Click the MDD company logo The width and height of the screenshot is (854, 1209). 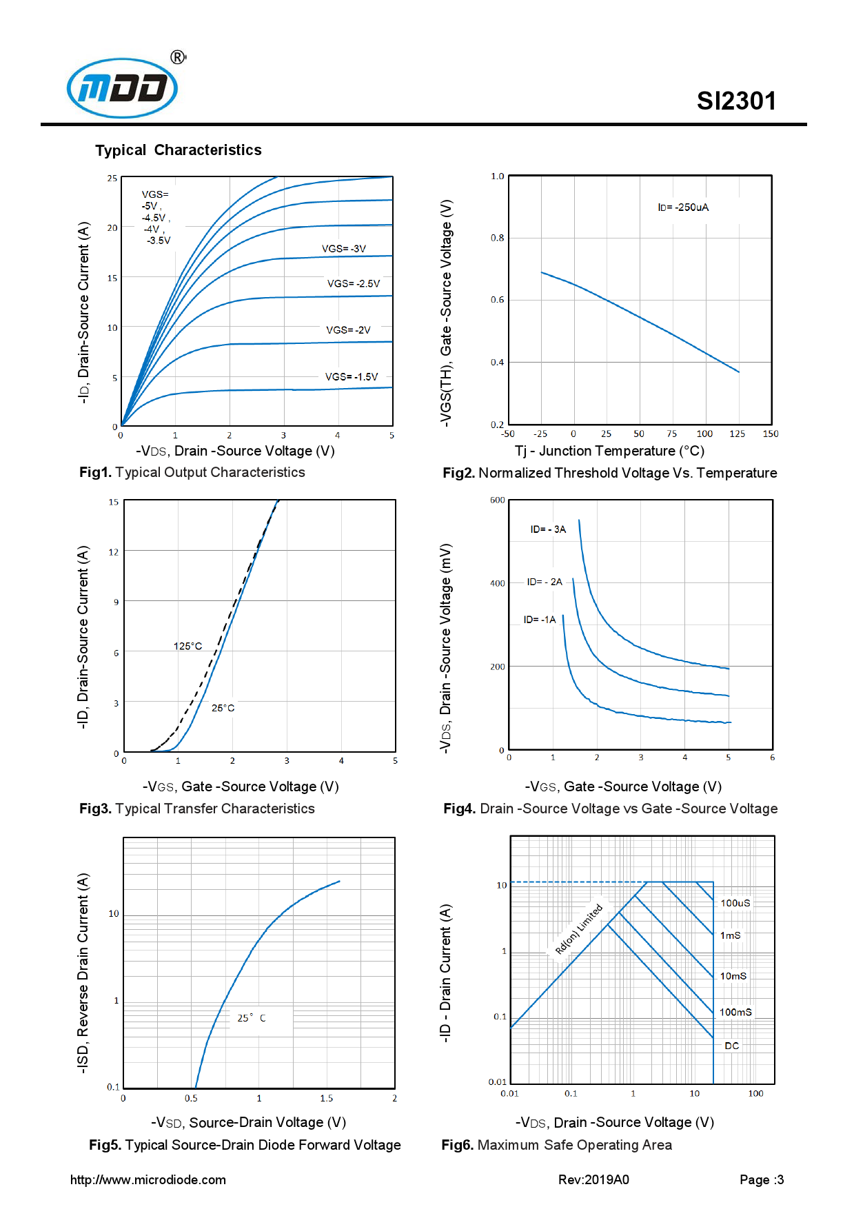(x=123, y=88)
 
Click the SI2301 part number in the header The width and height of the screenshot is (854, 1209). (x=735, y=101)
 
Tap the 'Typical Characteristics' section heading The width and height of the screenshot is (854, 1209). (x=178, y=150)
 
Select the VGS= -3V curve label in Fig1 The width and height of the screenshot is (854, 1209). (x=343, y=249)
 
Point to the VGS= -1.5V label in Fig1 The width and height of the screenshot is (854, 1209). (x=351, y=377)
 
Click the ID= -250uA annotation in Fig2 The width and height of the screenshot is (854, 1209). (x=682, y=207)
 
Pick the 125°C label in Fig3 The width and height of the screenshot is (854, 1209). (x=187, y=646)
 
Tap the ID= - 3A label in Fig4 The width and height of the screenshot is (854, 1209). (x=547, y=529)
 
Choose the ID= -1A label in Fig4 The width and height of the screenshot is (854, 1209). (x=539, y=620)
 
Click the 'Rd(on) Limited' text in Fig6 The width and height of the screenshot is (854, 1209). (x=578, y=929)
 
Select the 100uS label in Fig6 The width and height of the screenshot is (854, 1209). (x=735, y=903)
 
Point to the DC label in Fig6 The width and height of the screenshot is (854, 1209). (x=731, y=1046)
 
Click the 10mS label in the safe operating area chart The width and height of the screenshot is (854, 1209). (x=733, y=976)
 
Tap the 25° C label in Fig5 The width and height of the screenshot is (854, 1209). (x=251, y=1018)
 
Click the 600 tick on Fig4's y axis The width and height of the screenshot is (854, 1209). (x=497, y=500)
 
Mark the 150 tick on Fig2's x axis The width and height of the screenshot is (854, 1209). (x=770, y=434)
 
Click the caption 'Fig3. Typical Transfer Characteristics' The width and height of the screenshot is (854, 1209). (x=196, y=809)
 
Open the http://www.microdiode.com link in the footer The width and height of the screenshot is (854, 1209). (x=148, y=1179)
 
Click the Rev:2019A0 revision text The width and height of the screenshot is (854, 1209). (x=593, y=1179)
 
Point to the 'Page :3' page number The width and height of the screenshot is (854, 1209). (x=761, y=1179)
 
